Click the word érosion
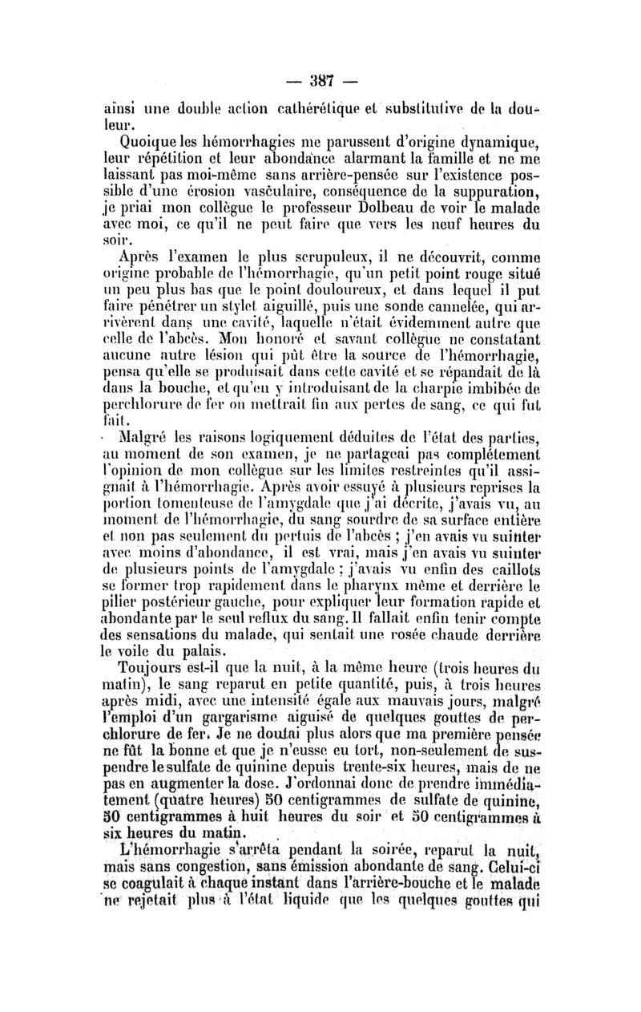pos(240,190)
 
